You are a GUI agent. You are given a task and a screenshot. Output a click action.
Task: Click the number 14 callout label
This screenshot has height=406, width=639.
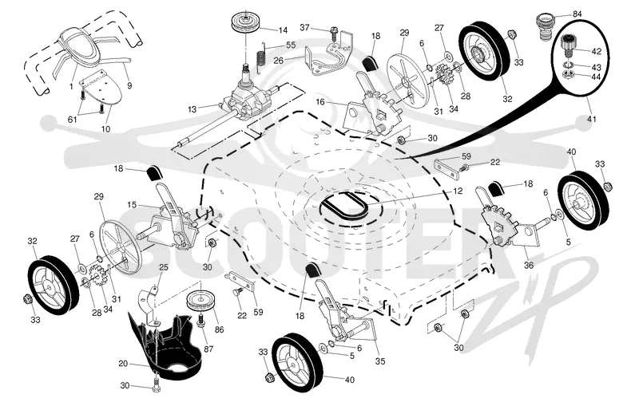(283, 30)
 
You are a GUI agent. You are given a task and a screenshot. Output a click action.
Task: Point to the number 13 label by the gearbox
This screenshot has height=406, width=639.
(192, 109)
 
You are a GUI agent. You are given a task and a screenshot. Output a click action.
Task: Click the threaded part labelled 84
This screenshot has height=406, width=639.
(546, 27)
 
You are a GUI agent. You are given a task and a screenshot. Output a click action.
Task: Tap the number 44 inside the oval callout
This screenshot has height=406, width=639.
(596, 77)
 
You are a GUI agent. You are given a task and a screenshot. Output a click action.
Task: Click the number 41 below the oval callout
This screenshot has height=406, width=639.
(591, 119)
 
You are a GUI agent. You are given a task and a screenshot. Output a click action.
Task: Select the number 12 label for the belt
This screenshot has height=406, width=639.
(458, 191)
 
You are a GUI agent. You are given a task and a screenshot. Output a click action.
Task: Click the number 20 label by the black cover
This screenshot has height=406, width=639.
(123, 363)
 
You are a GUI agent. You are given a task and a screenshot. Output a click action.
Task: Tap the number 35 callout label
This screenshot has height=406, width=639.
(380, 361)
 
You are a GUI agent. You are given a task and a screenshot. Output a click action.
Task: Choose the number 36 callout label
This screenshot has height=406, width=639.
(529, 265)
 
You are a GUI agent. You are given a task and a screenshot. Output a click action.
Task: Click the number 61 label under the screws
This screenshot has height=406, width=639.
(72, 119)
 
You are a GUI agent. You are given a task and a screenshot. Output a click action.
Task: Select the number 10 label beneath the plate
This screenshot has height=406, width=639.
(105, 129)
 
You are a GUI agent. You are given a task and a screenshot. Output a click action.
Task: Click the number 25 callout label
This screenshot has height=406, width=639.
(164, 267)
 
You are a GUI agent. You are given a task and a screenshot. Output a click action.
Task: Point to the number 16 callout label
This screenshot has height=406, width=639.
(320, 101)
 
